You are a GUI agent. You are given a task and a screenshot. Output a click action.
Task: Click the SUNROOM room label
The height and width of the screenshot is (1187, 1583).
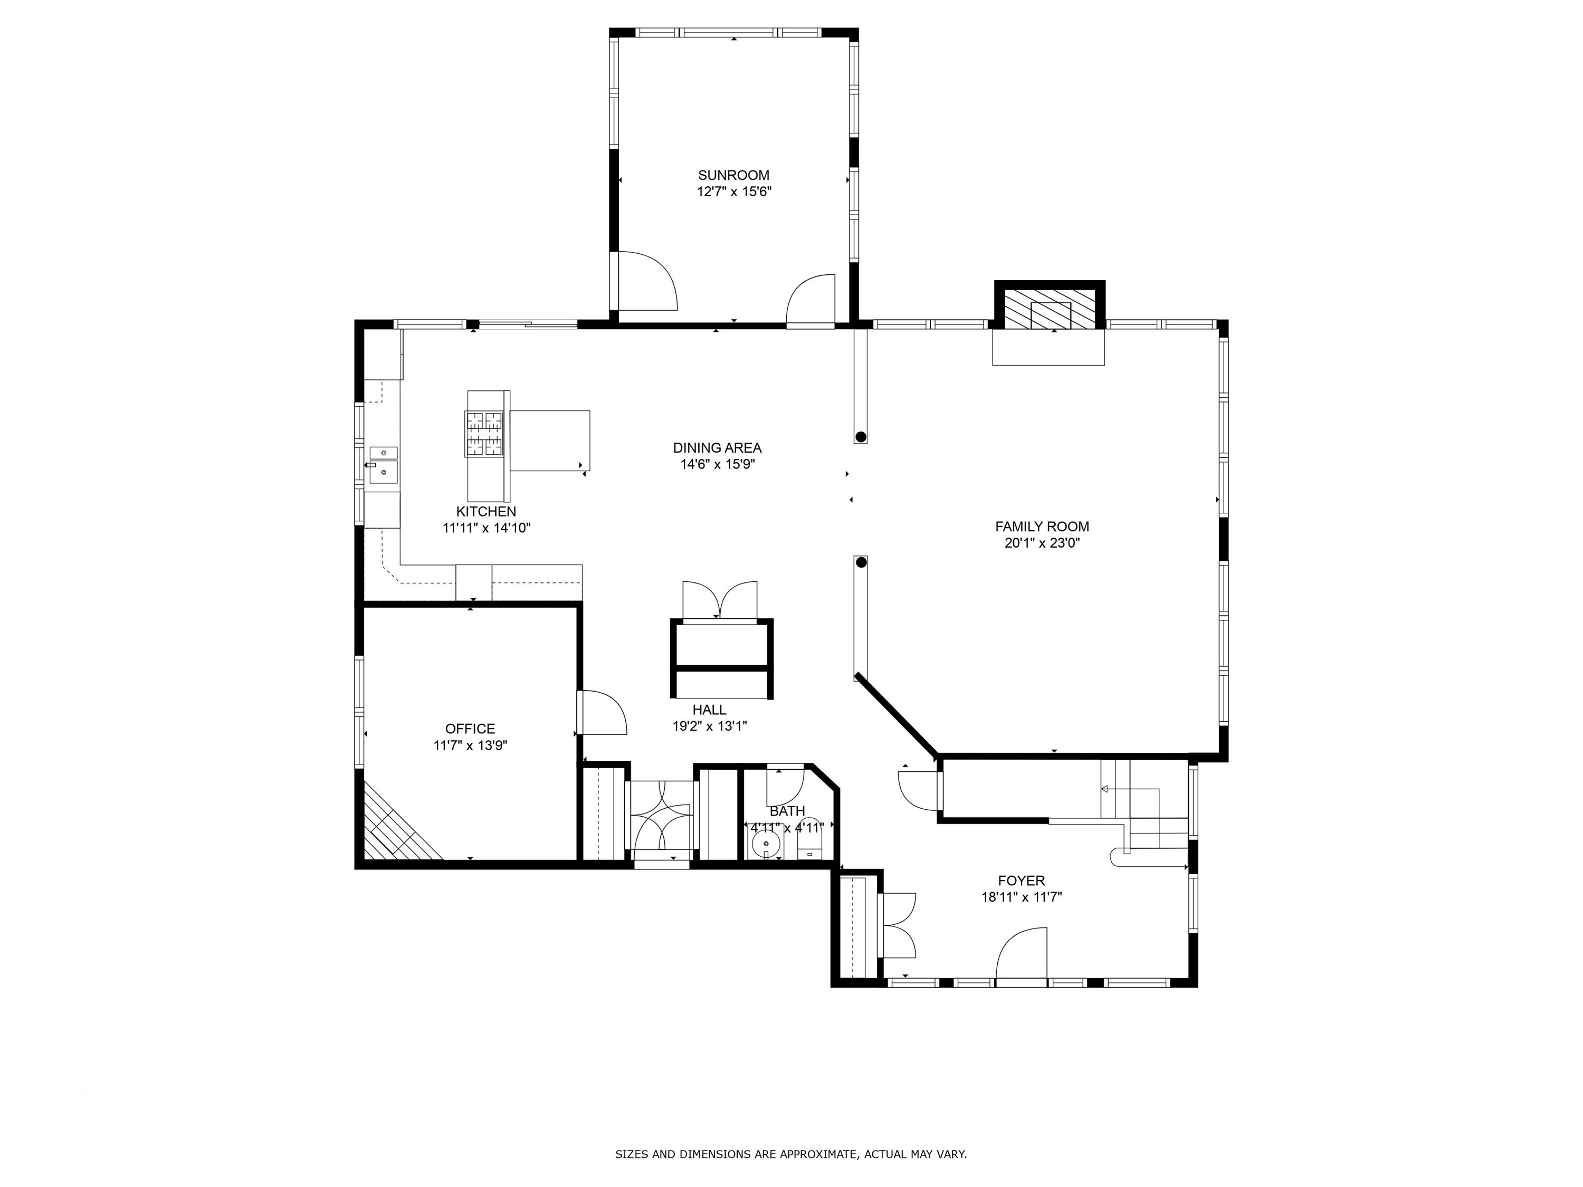(x=733, y=175)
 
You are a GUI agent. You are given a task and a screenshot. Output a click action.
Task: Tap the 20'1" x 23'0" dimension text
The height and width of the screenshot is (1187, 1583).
(x=1042, y=543)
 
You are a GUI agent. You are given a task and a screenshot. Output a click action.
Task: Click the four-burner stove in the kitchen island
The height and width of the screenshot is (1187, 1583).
(x=484, y=434)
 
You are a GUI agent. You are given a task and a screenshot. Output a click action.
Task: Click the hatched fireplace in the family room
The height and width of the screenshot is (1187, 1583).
(x=1050, y=309)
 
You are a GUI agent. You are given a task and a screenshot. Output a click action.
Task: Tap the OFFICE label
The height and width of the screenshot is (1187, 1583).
(x=470, y=729)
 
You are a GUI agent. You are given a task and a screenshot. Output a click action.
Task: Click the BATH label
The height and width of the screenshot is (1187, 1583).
(x=787, y=811)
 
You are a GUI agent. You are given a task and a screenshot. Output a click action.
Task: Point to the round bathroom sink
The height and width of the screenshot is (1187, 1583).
(x=766, y=844)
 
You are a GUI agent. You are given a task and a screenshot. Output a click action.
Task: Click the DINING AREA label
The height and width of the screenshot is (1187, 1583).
(x=717, y=448)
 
